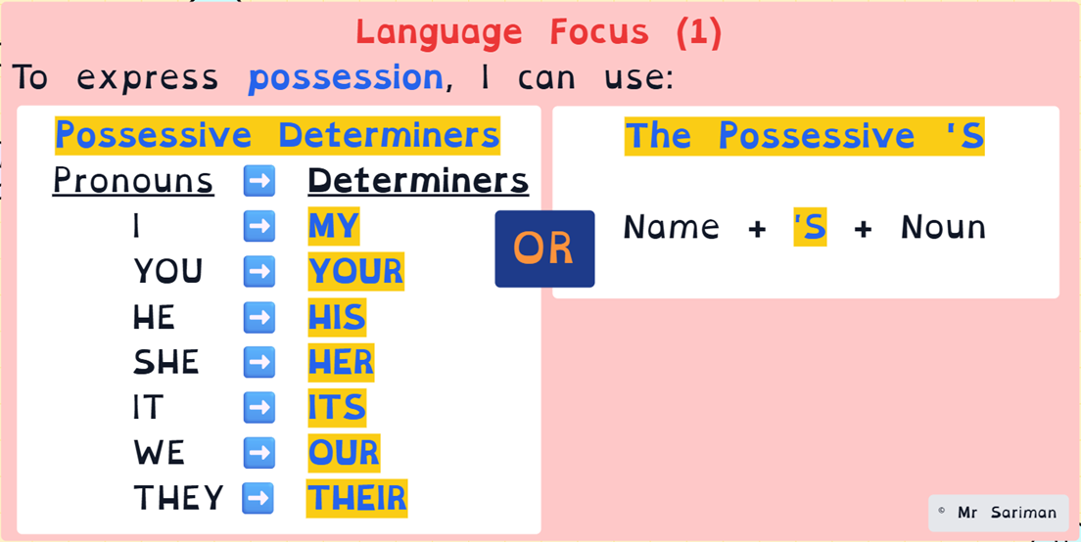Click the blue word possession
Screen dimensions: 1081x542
(345, 78)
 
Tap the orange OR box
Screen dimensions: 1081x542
(544, 248)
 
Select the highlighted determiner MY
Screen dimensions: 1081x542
(334, 226)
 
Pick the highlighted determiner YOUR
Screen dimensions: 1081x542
(355, 271)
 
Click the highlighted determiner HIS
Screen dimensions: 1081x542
(337, 317)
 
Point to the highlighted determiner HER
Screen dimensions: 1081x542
(341, 362)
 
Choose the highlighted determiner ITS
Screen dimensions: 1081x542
(337, 408)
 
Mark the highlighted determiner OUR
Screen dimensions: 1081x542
(344, 453)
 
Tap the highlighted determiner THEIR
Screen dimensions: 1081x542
(357, 499)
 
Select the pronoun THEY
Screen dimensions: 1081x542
(178, 498)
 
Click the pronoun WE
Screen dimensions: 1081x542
(160, 453)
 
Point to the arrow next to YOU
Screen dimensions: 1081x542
(259, 271)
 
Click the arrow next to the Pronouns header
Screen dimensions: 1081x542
(259, 180)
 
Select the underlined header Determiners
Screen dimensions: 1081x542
(418, 181)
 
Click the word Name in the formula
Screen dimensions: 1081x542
(672, 227)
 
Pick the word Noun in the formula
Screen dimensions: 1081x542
(944, 227)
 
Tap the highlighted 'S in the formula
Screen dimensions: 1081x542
(810, 227)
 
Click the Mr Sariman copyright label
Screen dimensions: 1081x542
(999, 513)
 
